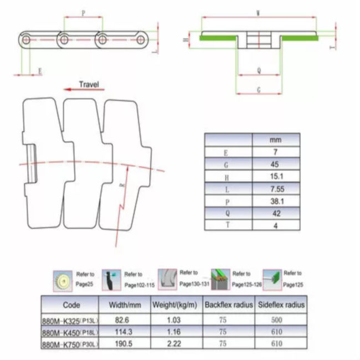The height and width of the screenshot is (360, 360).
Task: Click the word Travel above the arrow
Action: (89, 84)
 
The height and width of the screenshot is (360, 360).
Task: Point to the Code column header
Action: (71, 305)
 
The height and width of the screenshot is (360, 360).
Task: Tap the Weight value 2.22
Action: (174, 344)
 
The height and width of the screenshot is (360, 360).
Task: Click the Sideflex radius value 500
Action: (277, 320)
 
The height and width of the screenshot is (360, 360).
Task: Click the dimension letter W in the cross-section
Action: (259, 12)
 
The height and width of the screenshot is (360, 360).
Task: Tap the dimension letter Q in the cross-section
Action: (259, 71)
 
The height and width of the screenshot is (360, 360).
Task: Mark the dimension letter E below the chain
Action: (40, 71)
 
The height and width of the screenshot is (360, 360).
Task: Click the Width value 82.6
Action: (125, 320)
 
